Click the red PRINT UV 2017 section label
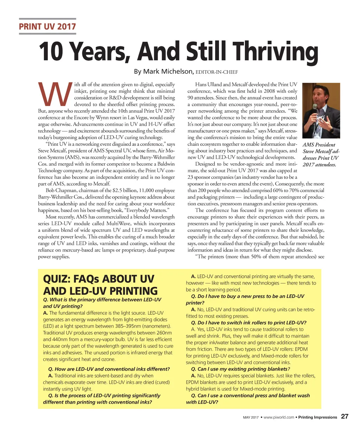pos(47,26)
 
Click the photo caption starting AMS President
pos(319,155)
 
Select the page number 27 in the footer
pos(345,417)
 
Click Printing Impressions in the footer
pos(317,417)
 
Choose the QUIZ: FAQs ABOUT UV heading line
pos(98,279)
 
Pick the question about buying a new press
pos(245,299)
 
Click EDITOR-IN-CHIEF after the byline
pos(217,72)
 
